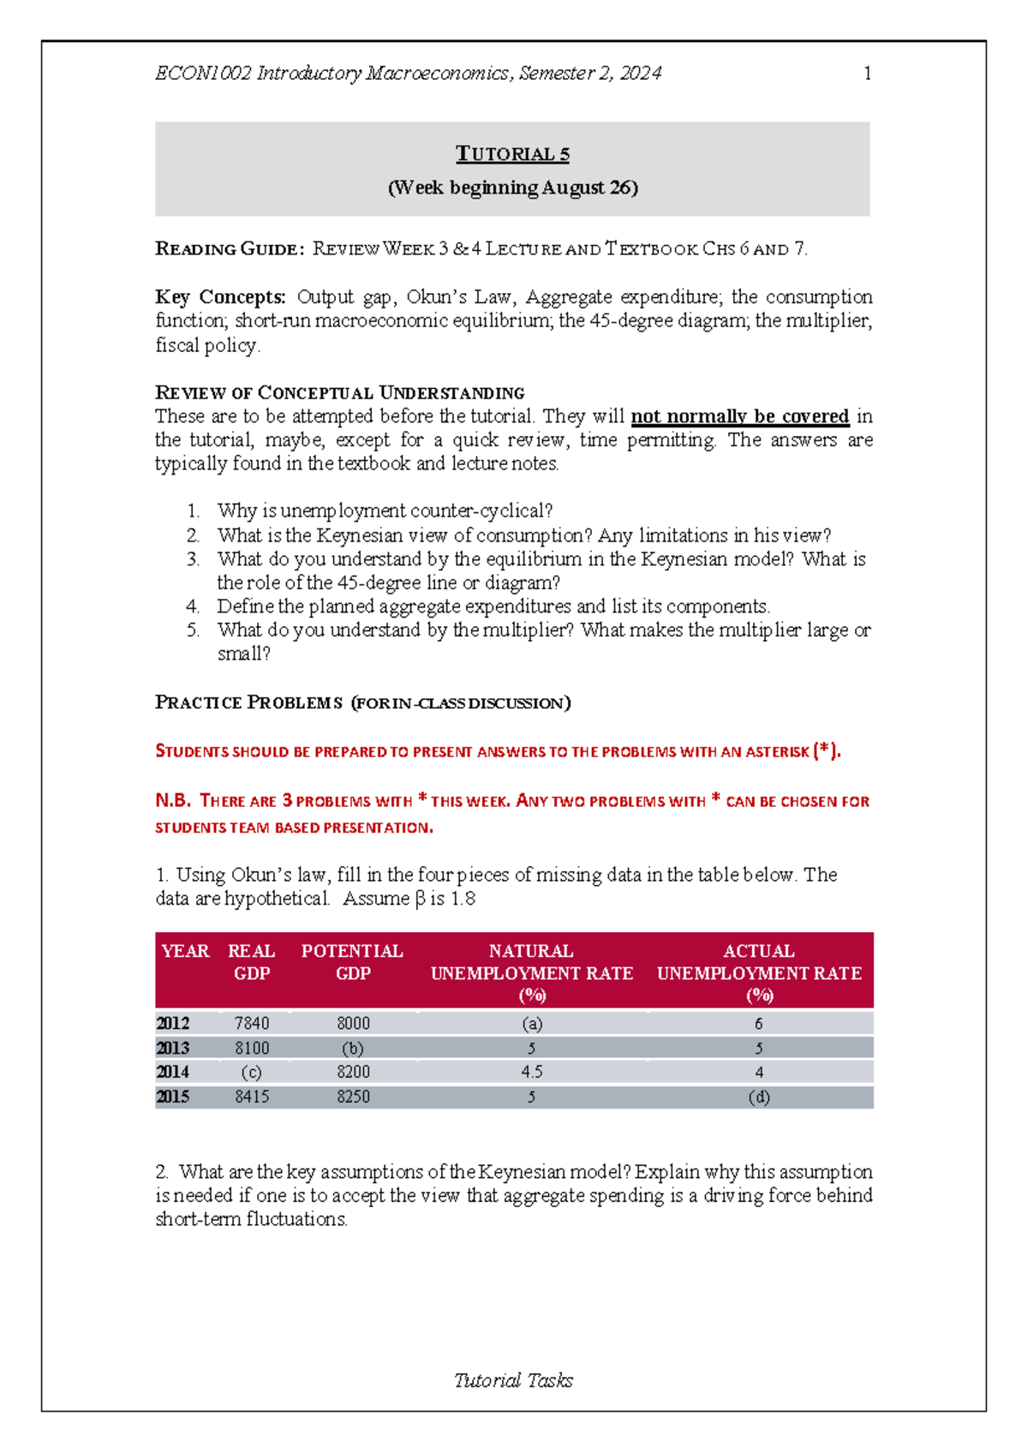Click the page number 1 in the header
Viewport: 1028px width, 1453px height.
(867, 74)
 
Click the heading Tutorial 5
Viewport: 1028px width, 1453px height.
(512, 154)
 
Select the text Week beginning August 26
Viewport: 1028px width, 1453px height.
(512, 188)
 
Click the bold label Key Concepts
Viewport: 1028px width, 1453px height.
(220, 297)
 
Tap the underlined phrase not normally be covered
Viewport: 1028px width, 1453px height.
(739, 416)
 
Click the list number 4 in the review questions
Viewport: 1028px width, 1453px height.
(193, 607)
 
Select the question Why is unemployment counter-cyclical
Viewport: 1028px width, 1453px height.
(385, 511)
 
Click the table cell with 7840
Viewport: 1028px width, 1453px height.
(252, 1024)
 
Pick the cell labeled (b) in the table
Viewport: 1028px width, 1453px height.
(352, 1049)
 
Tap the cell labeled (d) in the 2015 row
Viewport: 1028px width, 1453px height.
(759, 1097)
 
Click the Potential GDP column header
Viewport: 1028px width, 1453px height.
(352, 962)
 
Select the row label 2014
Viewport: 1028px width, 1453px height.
(172, 1072)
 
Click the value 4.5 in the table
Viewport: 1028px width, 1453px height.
(531, 1072)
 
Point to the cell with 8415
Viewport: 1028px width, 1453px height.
(252, 1097)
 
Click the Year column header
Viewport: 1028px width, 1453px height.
(185, 951)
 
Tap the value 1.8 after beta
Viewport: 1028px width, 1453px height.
(463, 899)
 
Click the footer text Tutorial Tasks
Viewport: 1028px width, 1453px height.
(513, 1380)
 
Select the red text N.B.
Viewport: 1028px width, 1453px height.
(172, 801)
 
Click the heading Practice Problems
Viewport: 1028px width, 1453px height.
(248, 703)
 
